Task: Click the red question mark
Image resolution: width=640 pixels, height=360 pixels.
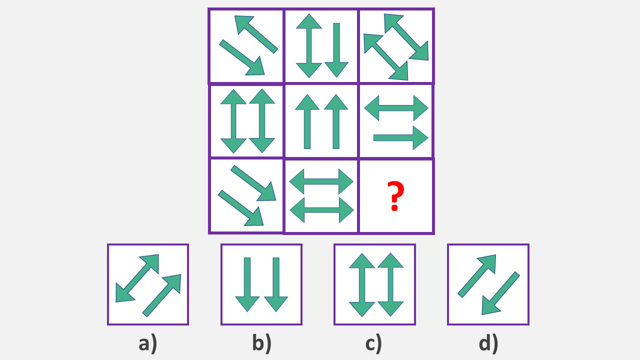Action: (394, 196)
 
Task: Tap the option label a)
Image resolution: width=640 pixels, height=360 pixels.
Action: (147, 343)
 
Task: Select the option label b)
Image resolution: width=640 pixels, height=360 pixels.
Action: (261, 343)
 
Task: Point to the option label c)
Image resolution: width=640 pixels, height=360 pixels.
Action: (373, 343)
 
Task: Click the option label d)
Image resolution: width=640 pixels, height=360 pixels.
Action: (488, 343)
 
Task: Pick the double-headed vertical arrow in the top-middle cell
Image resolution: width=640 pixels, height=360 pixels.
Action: (309, 45)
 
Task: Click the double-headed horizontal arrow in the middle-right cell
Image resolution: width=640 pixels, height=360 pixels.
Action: (396, 107)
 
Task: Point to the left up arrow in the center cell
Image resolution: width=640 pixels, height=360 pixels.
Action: (307, 121)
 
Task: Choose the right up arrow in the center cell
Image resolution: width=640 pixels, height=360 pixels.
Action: (336, 121)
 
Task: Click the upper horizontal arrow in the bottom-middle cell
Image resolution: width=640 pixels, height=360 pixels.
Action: (321, 181)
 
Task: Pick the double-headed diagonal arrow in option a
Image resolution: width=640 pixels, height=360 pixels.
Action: (137, 278)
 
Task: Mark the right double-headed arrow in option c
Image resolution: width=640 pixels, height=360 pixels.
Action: (390, 284)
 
